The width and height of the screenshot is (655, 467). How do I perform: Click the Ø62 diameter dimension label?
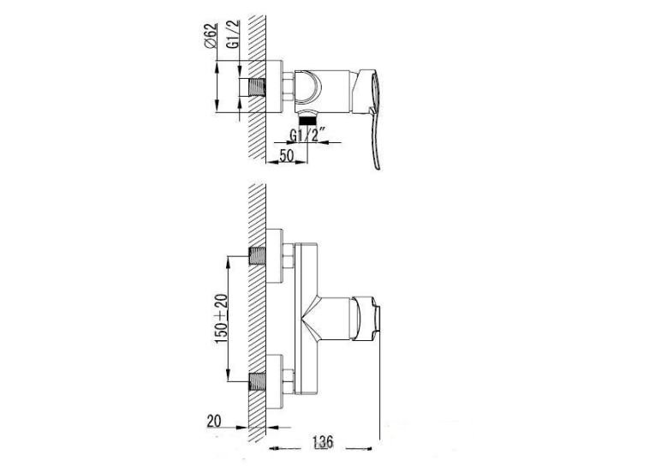[211, 36]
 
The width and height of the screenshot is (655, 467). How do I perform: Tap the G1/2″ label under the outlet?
[308, 135]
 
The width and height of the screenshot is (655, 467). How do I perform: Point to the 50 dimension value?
[286, 156]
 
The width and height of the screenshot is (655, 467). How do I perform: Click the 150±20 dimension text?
[222, 319]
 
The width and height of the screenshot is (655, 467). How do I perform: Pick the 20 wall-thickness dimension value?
[214, 421]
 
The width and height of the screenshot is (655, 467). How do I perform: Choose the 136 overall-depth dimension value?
[322, 442]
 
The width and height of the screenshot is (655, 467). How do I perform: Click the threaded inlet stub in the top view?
[257, 87]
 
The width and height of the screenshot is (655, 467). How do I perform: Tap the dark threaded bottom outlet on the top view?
[307, 121]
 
